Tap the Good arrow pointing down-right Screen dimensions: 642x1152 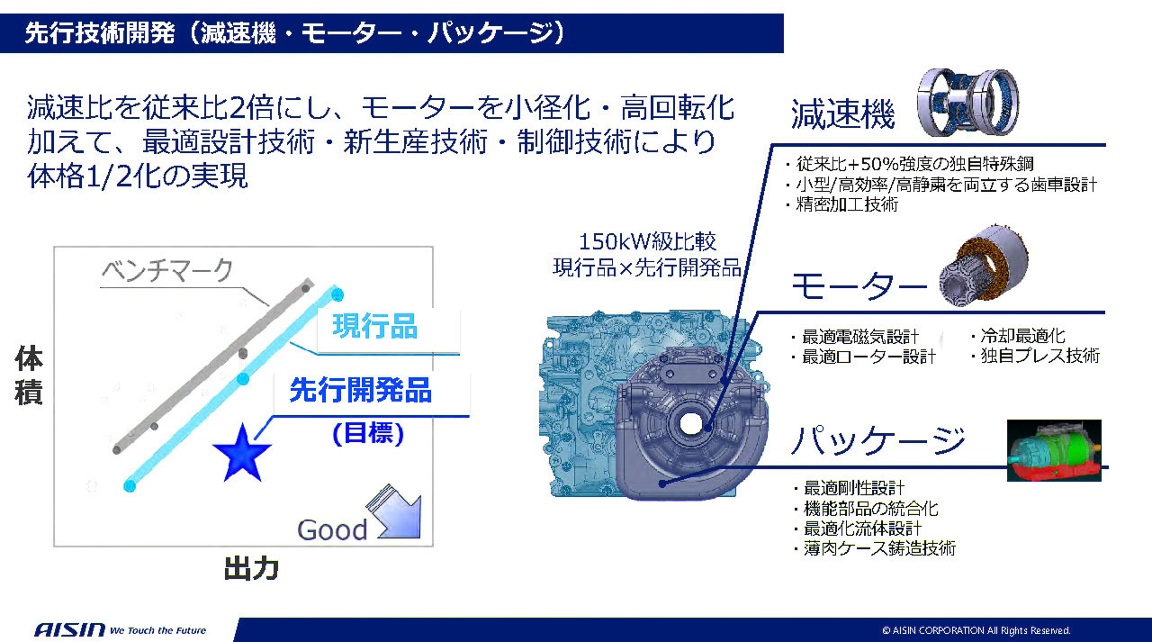[395, 514]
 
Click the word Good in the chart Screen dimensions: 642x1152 [332, 529]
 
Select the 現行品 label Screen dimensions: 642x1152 [375, 326]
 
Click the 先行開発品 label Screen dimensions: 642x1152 [360, 391]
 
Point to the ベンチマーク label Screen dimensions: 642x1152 [166, 269]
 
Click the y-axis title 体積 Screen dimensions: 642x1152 [29, 376]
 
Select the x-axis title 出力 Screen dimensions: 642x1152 [250, 569]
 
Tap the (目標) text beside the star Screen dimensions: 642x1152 [368, 433]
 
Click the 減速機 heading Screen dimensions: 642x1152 [842, 115]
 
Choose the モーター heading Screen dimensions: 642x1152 [858, 286]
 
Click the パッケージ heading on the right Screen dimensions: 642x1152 [877, 440]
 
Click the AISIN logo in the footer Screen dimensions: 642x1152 [69, 629]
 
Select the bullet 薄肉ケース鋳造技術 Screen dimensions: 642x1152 [878, 547]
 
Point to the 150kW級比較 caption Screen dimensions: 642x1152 [647, 243]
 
